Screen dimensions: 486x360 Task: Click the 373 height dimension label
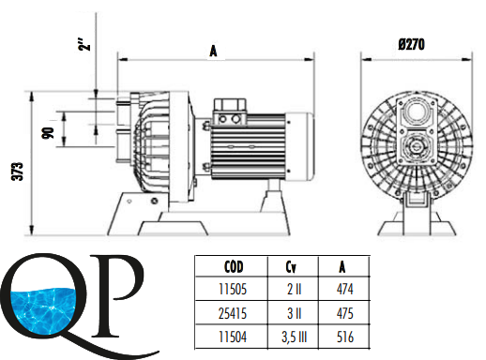[x=18, y=172]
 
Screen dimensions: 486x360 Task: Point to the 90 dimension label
[x=48, y=133]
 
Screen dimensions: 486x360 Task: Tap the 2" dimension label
[x=84, y=45]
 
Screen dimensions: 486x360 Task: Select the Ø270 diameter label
[x=412, y=44]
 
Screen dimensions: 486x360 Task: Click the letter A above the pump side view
[x=213, y=51]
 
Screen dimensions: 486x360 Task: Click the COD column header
[x=234, y=267]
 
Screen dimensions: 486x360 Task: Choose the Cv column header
[x=291, y=267]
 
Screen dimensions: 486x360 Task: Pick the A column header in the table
[x=342, y=267]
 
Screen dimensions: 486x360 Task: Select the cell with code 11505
[x=233, y=289]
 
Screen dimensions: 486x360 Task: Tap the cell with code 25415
[x=233, y=313]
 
